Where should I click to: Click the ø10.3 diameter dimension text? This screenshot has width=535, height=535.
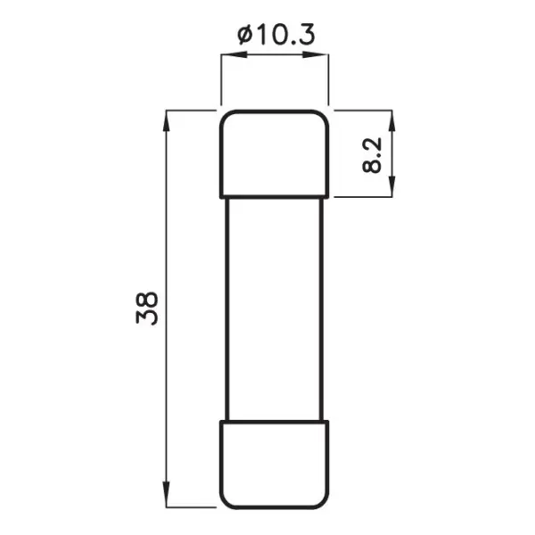276,35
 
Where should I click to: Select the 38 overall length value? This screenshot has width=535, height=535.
148,308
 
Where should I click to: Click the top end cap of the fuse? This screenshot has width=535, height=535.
275,152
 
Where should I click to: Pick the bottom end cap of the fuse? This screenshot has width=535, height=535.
275,463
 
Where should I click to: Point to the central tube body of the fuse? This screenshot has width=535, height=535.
275,308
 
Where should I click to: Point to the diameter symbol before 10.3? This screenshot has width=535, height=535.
244,35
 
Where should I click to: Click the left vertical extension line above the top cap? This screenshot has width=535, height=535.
220,80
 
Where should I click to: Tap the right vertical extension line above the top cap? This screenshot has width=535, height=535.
330,80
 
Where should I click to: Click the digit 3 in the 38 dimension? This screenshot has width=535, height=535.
148,317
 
